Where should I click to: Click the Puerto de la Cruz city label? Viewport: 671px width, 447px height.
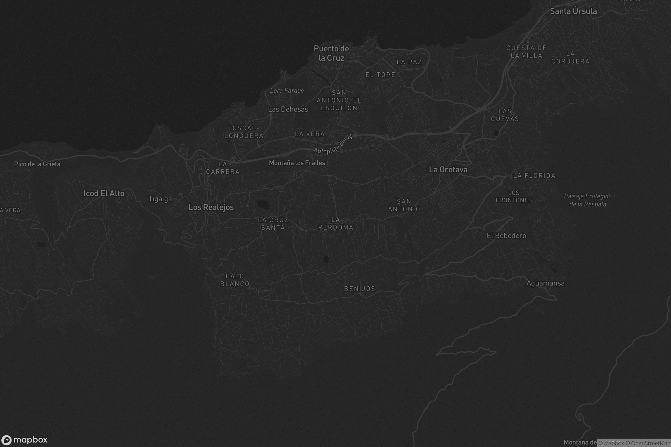pos(331,53)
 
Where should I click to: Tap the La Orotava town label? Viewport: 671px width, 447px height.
pos(448,170)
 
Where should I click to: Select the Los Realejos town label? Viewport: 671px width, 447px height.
pos(211,207)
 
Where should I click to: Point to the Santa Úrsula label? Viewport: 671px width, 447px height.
pos(573,11)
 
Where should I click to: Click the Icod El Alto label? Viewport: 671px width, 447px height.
pos(104,193)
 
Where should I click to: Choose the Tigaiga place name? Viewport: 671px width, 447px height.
pos(160,199)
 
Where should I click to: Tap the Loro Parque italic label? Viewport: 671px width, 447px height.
pos(287,91)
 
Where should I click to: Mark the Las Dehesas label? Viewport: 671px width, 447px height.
pos(288,109)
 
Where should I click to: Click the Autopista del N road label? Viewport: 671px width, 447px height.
pos(333,144)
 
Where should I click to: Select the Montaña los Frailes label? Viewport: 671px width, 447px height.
pos(297,163)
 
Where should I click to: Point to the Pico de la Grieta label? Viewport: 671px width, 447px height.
pos(37,164)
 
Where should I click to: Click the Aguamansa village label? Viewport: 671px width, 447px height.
pos(545,283)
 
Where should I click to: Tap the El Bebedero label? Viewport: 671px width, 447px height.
pos(506,236)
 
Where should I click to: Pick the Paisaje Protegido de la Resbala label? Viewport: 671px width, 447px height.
pos(588,200)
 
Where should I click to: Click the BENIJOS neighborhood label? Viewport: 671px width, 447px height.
pos(360,289)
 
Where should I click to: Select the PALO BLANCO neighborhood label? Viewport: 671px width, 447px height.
pos(235,280)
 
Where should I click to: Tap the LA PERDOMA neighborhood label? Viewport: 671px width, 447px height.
pos(336,223)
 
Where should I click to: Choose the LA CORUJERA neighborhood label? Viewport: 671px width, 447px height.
pos(570,58)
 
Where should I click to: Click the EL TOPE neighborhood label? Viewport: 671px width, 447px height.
pos(380,75)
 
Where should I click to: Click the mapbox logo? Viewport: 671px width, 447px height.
pos(25,440)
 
